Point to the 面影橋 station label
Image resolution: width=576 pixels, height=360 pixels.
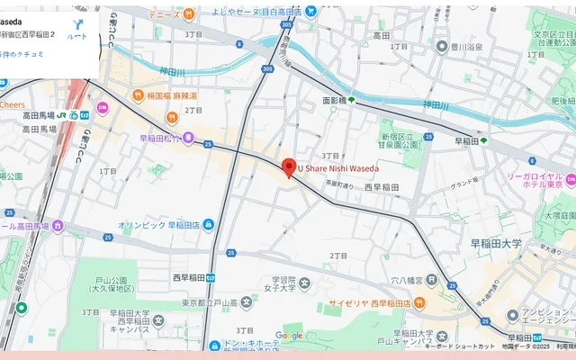[x=334, y=101]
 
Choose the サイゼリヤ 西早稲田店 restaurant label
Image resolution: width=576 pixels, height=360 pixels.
[x=369, y=303]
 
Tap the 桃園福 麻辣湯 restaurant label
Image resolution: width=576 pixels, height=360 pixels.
[x=171, y=94]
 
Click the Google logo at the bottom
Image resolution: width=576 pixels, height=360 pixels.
[x=289, y=336]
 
